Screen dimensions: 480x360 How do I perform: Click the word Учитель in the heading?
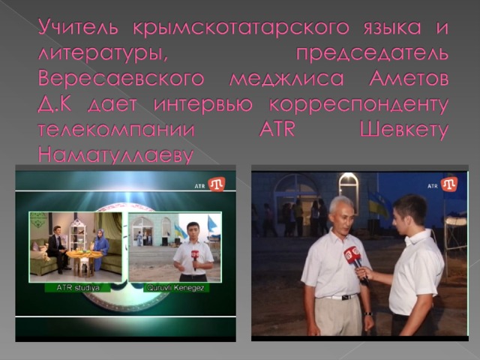point(78,28)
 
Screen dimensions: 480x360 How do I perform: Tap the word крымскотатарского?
point(241,28)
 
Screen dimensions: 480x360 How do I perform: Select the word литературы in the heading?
point(103,54)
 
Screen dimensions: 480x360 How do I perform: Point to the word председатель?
point(372,54)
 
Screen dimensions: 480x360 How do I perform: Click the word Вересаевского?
point(121,79)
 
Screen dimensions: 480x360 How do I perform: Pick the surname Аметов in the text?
point(409,79)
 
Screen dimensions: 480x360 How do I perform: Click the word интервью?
point(203,104)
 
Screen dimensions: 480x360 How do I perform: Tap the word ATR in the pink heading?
point(277,130)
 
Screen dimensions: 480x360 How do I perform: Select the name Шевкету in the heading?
point(403,130)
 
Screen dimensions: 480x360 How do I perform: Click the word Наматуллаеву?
point(115,156)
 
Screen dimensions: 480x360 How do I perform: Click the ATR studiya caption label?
point(78,288)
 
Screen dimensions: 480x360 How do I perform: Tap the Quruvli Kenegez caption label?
point(175,288)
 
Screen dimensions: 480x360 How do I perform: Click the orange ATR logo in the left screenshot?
point(217,184)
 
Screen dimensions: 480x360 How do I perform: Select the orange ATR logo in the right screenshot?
point(449,184)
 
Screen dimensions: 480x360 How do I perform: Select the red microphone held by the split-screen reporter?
point(195,259)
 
